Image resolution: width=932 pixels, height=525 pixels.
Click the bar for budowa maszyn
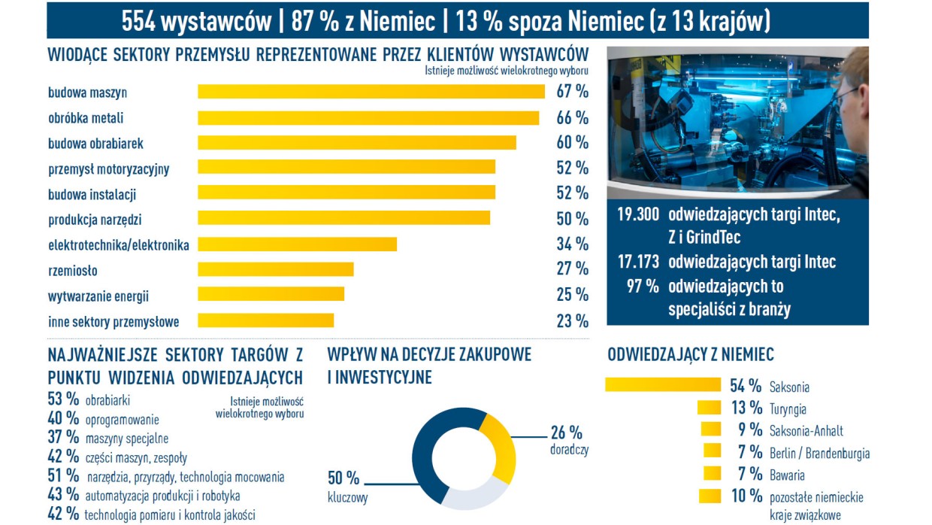371,92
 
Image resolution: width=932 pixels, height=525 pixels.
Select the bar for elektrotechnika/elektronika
297,244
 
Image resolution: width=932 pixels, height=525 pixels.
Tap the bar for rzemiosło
275,269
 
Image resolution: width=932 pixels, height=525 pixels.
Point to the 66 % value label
572,118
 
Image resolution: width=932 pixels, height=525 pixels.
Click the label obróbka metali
86,118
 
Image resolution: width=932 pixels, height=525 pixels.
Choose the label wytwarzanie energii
98,296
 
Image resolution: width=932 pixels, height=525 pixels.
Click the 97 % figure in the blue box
643,286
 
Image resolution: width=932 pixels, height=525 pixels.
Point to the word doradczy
569,450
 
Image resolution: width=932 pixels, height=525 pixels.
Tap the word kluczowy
347,497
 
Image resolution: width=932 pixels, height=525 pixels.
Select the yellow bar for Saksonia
662,385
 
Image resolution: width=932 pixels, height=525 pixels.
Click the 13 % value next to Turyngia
746,408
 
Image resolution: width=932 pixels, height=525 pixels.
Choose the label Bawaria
787,475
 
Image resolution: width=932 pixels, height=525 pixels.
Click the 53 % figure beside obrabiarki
63,399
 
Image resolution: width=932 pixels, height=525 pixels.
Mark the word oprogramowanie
122,420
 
